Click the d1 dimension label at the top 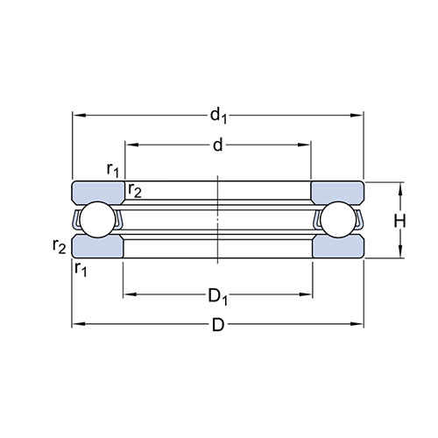[218, 116]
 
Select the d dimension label [218, 145]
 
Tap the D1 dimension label [218, 296]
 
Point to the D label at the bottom [218, 325]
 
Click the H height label [399, 221]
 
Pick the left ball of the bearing [98, 220]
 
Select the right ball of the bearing [338, 220]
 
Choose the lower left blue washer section [97, 247]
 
